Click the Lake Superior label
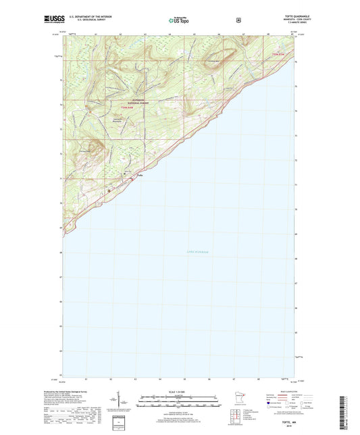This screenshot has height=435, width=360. [197, 252]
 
